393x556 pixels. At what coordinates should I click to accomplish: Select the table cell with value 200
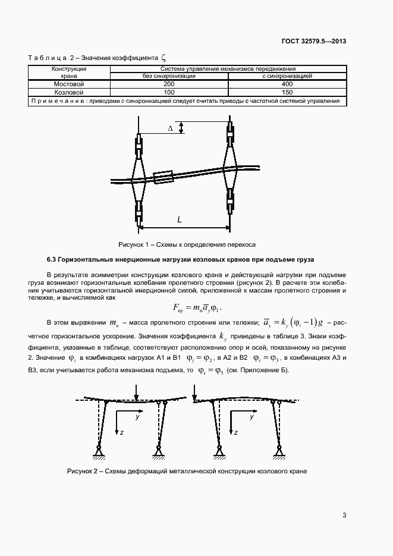[168, 84]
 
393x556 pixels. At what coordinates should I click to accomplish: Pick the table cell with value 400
[287, 84]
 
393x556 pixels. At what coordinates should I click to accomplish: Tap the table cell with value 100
[168, 93]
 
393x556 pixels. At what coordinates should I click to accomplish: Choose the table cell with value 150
[287, 93]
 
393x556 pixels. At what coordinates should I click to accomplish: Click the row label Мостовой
[69, 84]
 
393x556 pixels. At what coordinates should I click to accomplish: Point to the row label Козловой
[69, 93]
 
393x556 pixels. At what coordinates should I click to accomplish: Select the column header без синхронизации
[168, 76]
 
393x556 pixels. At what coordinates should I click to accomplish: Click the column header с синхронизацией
[287, 76]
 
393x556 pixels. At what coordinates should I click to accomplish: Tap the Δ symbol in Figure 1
[171, 128]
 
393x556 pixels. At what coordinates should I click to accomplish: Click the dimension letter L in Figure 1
[180, 219]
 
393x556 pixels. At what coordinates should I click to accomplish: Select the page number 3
[344, 515]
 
